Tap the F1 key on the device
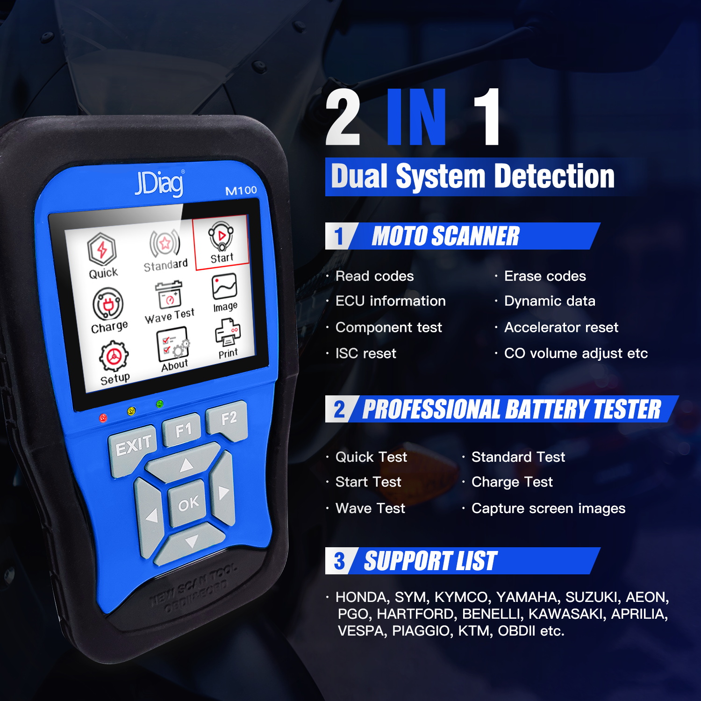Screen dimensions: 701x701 coord(182,429)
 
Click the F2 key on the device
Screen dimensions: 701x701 coord(227,419)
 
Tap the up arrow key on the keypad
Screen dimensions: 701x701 coord(185,465)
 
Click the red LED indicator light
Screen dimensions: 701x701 coord(103,418)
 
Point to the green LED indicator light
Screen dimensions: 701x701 coord(160,404)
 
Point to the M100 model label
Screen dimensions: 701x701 coord(241,190)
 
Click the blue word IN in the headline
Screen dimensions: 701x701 coord(417,117)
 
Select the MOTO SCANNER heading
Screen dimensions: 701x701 coord(445,236)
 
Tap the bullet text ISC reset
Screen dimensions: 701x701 coord(366,353)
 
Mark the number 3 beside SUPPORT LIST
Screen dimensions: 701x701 coord(339,561)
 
